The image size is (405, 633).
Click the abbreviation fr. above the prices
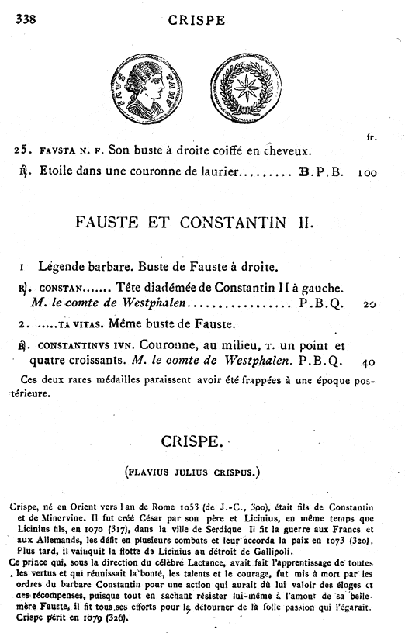pyautogui.click(x=370, y=137)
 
